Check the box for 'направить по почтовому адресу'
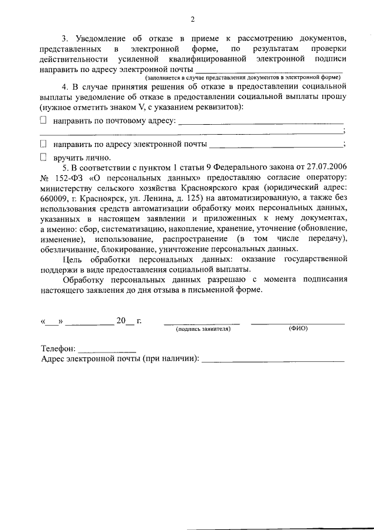point(43,120)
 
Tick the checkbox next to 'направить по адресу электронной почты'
point(43,143)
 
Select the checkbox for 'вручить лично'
point(43,157)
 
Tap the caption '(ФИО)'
point(298,329)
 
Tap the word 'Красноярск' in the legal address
point(102,198)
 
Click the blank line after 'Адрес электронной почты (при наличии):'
point(273,361)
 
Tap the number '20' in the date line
point(121,320)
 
